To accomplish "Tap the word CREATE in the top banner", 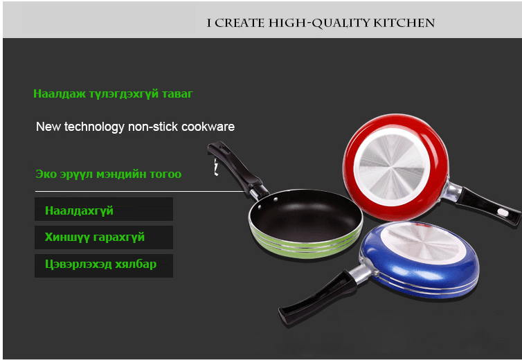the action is (240, 23).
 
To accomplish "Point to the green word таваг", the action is (177, 94).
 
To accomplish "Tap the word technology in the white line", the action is (94, 127).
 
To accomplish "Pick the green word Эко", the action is (46, 174).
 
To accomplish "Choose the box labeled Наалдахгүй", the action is (104, 209).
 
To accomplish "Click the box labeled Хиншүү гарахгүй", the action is (104, 237).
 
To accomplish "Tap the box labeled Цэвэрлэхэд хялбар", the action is (104, 266).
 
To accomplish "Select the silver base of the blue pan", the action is (423, 242).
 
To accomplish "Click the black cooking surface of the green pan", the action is (305, 215).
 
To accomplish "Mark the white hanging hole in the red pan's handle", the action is (503, 213).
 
